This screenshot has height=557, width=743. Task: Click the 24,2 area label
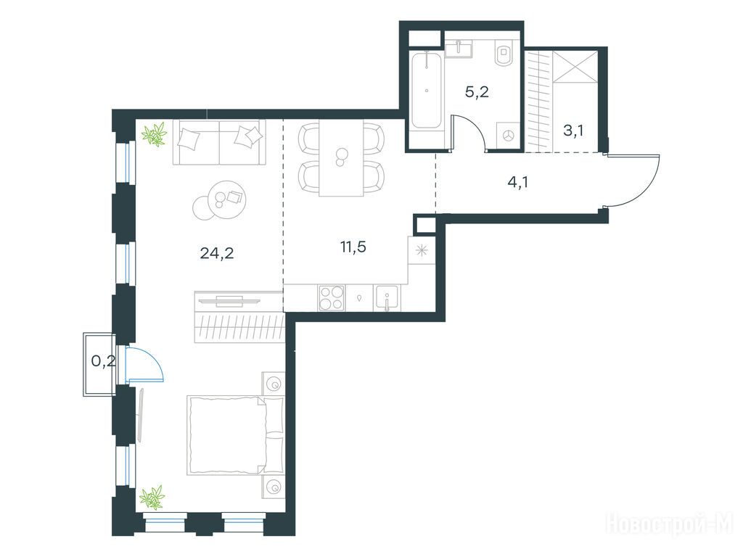217,253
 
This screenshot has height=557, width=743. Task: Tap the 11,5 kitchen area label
353,247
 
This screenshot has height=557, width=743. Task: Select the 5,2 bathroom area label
477,92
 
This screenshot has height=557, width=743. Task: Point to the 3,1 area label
573,131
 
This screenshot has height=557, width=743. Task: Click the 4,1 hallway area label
517,182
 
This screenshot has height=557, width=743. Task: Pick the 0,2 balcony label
103,362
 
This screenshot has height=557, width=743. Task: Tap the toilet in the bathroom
504,53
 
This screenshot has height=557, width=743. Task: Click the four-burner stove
331,298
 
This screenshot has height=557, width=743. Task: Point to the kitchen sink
387,298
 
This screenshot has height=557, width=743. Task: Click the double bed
236,435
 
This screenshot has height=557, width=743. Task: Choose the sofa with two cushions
219,141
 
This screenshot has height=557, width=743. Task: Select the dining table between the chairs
341,157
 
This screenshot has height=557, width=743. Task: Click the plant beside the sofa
155,133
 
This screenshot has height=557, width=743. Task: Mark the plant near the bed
152,498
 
